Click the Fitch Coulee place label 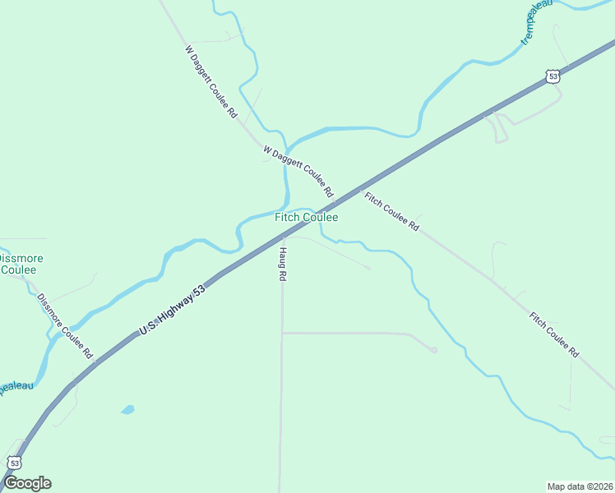tap(306, 218)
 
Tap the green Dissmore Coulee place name tap(20, 264)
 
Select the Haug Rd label tap(281, 265)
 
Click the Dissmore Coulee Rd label tap(65, 326)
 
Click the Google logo tap(27, 483)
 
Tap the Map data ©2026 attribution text tap(580, 486)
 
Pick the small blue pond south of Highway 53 tap(127, 408)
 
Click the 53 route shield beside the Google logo tap(15, 462)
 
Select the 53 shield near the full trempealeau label tap(553, 76)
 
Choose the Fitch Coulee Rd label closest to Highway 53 tap(391, 211)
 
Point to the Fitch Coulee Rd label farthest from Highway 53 tap(554, 334)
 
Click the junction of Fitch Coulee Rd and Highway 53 tap(358, 190)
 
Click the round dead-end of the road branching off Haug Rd tap(433, 350)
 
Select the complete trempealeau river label tap(537, 21)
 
